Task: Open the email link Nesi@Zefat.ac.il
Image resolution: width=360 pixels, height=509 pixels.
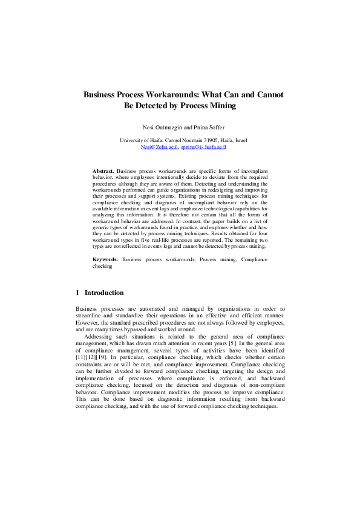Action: tap(159, 146)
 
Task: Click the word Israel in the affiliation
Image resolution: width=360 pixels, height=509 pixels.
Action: tap(240, 140)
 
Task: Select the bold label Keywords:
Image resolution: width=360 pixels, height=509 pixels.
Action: tap(106, 259)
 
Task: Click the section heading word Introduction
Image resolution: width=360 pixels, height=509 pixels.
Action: tap(104, 293)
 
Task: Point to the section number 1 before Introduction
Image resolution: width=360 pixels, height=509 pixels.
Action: tap(77, 293)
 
